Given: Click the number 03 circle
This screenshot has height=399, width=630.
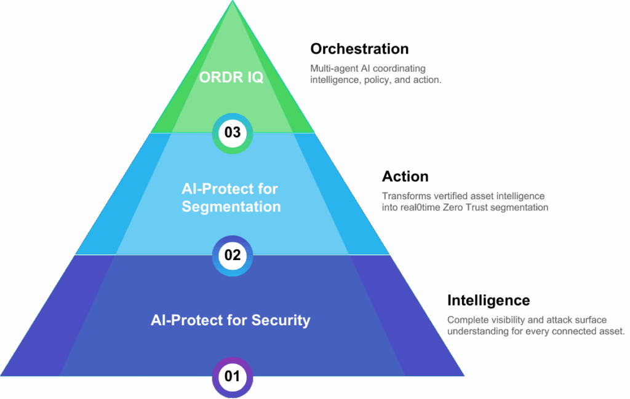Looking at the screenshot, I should coord(233,132).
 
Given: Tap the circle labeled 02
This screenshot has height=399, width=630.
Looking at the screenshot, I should coord(233,255).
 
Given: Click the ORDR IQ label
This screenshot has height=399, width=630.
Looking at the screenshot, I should coord(231,78).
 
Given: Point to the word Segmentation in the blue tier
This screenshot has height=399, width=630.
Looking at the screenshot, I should coord(231,207).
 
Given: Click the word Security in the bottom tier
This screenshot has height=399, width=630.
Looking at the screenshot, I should coord(281,320).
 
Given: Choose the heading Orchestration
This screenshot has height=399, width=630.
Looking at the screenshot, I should coord(359,49).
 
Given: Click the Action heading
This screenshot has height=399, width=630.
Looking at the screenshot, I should coord(405,177).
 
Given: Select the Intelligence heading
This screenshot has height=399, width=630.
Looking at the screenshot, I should coord(488,301).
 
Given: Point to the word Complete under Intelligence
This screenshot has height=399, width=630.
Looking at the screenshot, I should coord(469,320).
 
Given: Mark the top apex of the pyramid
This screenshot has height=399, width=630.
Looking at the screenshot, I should coord(233,2).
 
